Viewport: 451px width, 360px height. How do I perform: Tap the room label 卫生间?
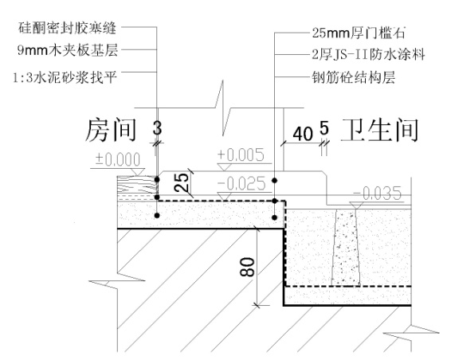coord(381,130)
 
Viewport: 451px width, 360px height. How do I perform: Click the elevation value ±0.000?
coord(119,160)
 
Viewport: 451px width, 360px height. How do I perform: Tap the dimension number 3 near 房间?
coord(159,127)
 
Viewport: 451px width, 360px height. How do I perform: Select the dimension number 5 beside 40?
coord(324,127)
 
